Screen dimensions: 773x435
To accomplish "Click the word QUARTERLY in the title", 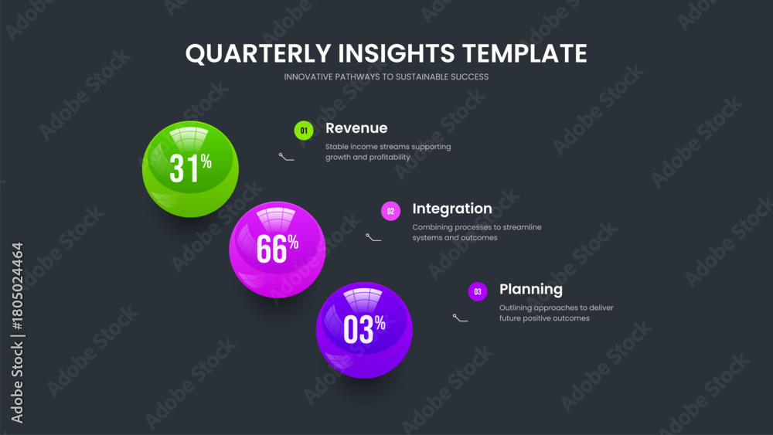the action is click(x=258, y=53).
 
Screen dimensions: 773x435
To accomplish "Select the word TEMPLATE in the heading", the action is click(x=525, y=53).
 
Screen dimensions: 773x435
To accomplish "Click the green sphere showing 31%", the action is click(x=190, y=169).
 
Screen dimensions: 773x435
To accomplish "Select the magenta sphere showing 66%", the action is click(x=277, y=250).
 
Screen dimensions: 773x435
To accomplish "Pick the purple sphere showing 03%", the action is click(x=364, y=330).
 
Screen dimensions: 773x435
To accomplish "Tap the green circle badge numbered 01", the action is click(x=304, y=131).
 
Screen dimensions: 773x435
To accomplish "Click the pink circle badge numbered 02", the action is click(x=390, y=211).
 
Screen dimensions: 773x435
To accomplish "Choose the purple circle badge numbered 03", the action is click(x=478, y=291).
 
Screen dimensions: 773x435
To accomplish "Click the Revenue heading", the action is click(x=356, y=128).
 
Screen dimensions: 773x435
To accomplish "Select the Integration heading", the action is click(x=452, y=209).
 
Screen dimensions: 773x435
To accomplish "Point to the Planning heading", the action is click(x=531, y=289).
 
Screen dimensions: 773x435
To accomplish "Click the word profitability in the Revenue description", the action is click(x=387, y=157).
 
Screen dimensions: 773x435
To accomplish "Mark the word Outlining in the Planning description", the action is click(x=515, y=308).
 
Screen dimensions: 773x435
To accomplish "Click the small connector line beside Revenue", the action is click(x=286, y=157).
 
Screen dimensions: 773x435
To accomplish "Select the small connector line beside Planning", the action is click(x=461, y=318).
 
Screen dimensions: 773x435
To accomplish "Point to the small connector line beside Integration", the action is click(x=373, y=237).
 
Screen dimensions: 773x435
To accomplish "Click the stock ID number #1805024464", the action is click(x=17, y=286).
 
